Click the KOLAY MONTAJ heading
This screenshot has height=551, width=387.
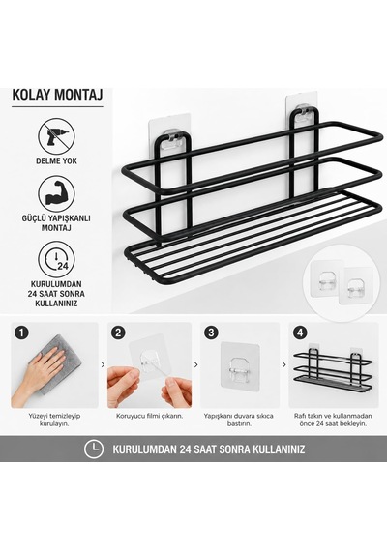(x=57, y=95)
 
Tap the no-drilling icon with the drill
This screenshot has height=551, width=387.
(x=57, y=135)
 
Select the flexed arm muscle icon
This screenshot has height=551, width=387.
(x=57, y=194)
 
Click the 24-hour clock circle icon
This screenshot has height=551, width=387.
(x=57, y=259)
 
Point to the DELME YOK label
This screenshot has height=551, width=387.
(x=56, y=161)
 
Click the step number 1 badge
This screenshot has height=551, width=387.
(x=22, y=333)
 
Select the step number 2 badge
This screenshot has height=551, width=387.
(x=118, y=333)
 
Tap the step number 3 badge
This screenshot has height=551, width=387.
(x=211, y=333)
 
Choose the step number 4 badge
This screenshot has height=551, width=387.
(x=300, y=333)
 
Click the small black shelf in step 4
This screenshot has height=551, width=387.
(x=333, y=371)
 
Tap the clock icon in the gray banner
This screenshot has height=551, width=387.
(x=94, y=449)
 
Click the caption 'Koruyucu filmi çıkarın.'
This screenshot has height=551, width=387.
(x=150, y=416)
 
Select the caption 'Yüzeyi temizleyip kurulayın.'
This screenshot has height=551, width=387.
(x=54, y=420)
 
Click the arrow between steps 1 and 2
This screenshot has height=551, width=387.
(x=103, y=365)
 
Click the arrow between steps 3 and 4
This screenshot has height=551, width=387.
(x=283, y=365)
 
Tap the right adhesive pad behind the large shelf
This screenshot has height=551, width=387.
(x=302, y=112)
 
